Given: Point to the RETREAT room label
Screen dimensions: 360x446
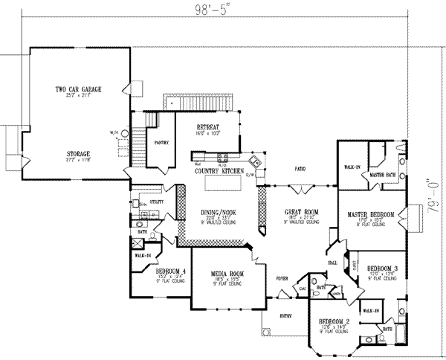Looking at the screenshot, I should (x=207, y=126).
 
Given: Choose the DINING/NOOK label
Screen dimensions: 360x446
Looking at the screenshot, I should (x=218, y=212).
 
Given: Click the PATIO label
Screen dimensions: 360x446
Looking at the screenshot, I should (x=301, y=169).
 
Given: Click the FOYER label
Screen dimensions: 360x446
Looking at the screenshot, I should (x=282, y=279).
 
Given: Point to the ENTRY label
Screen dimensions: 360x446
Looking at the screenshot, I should (x=285, y=315).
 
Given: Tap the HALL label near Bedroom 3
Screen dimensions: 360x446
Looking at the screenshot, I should (x=332, y=263).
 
